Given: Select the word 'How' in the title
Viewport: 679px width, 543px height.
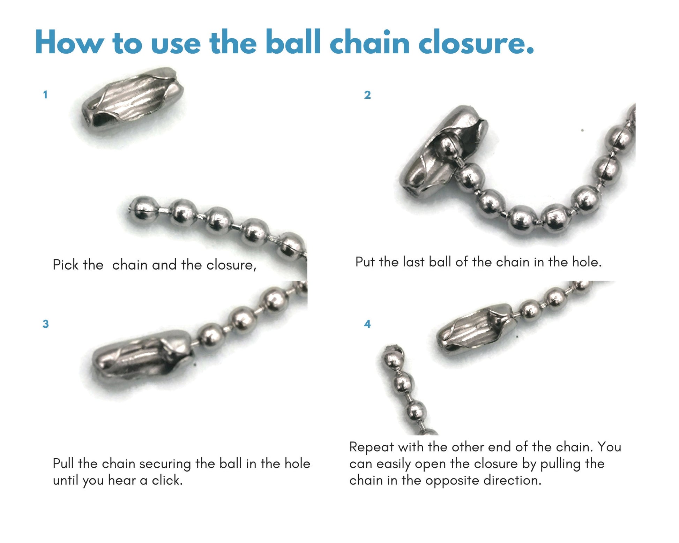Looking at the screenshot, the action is [x=69, y=42].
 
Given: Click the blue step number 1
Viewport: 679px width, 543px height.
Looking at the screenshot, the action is [x=45, y=95].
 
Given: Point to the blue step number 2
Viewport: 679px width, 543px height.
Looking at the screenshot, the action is [x=367, y=95].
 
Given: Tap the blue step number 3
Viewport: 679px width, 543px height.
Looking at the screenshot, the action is [x=45, y=324].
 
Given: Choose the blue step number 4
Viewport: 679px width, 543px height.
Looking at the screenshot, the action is [x=367, y=324].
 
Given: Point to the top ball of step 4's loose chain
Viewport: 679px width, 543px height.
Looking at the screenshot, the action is [x=393, y=356].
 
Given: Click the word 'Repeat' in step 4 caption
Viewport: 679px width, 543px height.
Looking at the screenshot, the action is [x=372, y=447].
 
